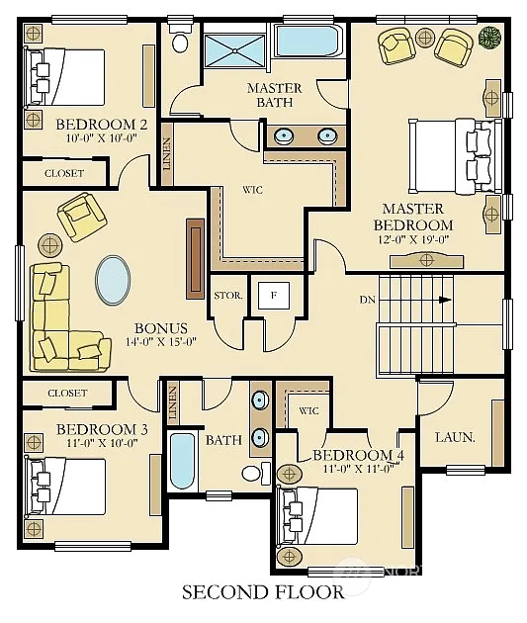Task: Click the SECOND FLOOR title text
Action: tap(263, 593)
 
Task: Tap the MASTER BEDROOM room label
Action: tap(413, 217)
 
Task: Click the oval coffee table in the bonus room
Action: tap(114, 282)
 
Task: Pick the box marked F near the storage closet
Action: tap(272, 295)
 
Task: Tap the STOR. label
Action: tap(226, 296)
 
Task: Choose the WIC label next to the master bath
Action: tap(252, 188)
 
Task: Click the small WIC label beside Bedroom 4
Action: tap(307, 410)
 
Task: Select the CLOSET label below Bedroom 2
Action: tap(64, 174)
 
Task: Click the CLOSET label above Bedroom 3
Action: tap(66, 394)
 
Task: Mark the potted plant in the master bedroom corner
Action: tap(488, 38)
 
